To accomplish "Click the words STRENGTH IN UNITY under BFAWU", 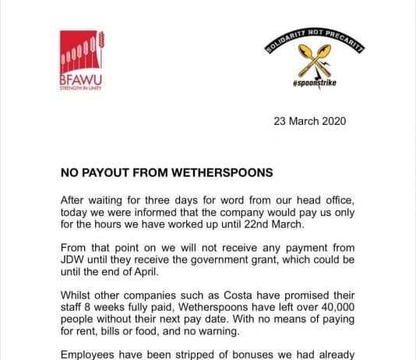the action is (81, 88).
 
